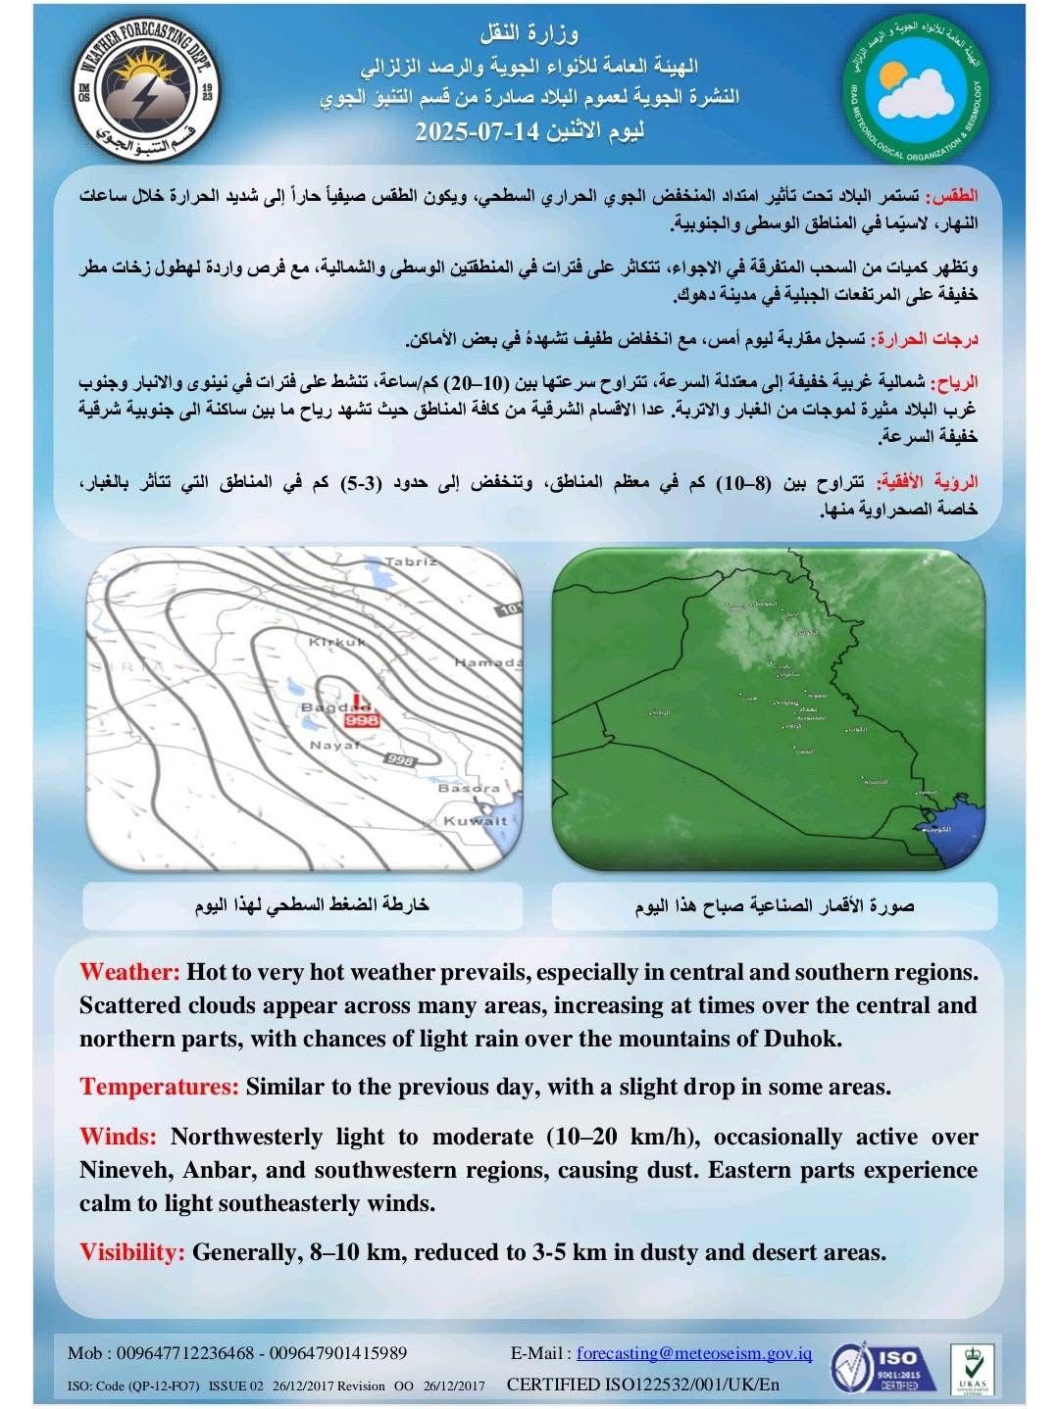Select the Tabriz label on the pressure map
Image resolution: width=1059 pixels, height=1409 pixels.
409,562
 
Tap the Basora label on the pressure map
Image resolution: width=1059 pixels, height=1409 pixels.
469,788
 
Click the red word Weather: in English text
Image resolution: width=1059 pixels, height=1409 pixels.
129,973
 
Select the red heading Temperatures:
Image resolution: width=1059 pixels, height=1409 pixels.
160,1087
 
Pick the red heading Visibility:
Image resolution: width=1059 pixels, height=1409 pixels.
132,1251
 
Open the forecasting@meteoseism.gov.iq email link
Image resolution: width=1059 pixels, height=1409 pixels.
694,1354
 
